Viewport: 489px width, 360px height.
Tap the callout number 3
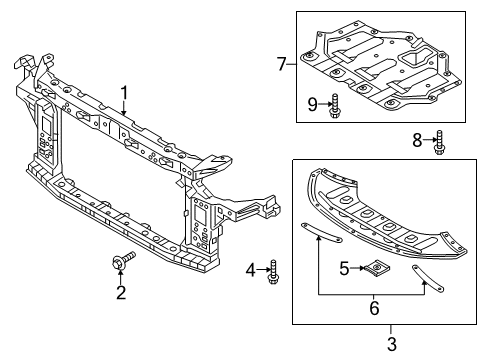pyautogui.click(x=391, y=344)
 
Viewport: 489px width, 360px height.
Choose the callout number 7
pyautogui.click(x=283, y=65)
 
